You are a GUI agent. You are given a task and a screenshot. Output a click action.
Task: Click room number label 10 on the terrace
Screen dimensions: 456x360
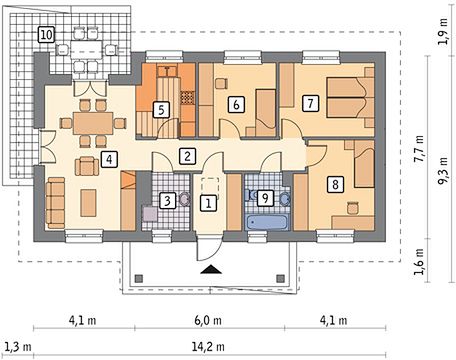click(46, 35)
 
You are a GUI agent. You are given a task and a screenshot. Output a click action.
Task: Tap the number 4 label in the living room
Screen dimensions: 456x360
click(109, 159)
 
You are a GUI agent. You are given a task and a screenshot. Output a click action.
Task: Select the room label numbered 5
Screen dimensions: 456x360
click(161, 110)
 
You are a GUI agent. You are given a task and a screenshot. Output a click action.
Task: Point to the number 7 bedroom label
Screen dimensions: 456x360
click(310, 103)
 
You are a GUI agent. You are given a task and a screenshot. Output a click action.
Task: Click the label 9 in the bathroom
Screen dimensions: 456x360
click(265, 198)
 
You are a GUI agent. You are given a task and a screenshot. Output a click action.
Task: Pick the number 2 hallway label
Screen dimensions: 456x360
click(187, 156)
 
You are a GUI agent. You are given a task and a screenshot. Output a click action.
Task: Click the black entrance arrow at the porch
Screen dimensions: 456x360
click(211, 269)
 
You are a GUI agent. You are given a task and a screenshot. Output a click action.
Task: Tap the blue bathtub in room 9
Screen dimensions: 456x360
click(266, 222)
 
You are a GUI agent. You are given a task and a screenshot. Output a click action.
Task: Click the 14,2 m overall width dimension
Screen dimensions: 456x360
click(208, 347)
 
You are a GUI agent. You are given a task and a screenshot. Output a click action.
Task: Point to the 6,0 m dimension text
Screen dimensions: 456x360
click(208, 321)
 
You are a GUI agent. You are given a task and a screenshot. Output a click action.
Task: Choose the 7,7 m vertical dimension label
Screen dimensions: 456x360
click(419, 149)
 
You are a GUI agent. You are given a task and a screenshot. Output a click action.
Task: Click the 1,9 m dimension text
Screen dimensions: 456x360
click(443, 32)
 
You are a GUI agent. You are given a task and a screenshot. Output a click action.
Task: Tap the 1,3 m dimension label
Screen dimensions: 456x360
click(18, 347)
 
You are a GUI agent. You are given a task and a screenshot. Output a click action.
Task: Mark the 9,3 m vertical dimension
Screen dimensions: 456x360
click(443, 171)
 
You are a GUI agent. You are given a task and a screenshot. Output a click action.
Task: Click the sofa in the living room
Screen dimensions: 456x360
click(55, 203)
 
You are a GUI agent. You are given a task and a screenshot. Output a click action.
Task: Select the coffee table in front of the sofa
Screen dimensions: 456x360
click(88, 203)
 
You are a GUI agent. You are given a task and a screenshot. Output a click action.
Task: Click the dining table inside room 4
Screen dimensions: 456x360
click(93, 123)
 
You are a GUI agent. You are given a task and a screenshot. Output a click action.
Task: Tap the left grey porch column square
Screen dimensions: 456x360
click(139, 278)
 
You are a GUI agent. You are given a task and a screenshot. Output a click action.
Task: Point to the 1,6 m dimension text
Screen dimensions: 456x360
click(419, 262)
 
